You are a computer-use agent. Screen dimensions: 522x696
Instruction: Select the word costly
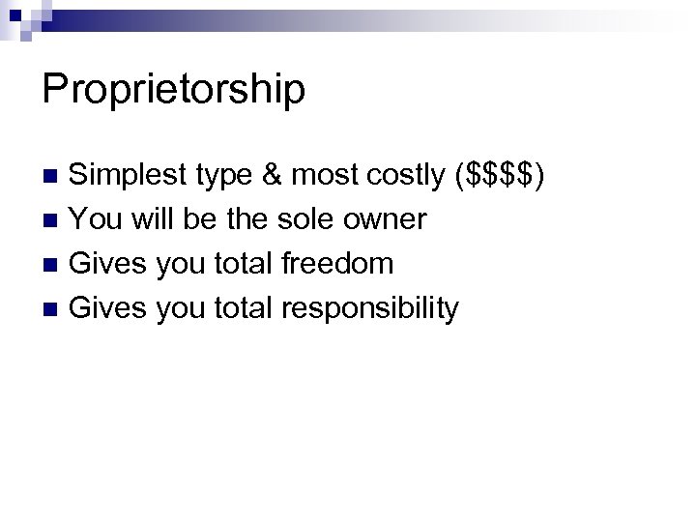tap(404, 176)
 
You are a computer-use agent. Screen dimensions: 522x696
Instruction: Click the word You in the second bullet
tap(96, 219)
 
